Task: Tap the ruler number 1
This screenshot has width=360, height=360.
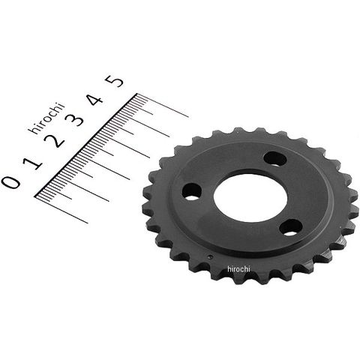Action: [x=32, y=163]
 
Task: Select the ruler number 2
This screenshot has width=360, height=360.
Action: [x=55, y=140]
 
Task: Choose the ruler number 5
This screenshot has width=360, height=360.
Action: [x=114, y=81]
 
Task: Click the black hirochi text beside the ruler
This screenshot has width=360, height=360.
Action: [x=46, y=118]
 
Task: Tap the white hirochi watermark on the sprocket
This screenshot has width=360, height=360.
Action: [x=238, y=269]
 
